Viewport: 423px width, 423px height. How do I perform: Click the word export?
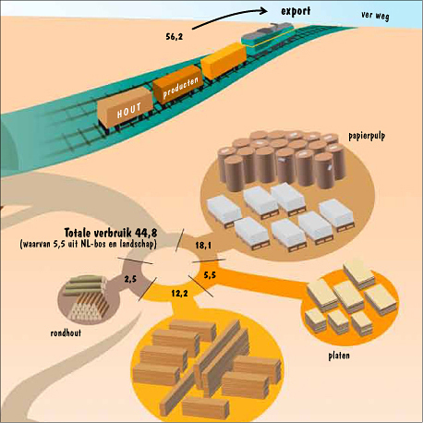pyautogui.click(x=296, y=11)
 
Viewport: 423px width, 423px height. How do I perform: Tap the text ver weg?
pyautogui.click(x=375, y=16)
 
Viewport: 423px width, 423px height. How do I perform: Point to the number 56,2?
pyautogui.click(x=175, y=37)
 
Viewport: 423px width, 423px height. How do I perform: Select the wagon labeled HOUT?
pyautogui.click(x=126, y=108)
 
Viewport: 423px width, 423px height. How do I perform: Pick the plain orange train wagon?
pyautogui.click(x=224, y=61)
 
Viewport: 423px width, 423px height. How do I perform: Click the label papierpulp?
pyautogui.click(x=367, y=136)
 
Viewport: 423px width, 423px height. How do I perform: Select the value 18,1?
pyautogui.click(x=203, y=246)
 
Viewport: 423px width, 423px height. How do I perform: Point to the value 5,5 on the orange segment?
pyautogui.click(x=210, y=275)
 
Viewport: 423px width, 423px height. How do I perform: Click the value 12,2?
pyautogui.click(x=179, y=294)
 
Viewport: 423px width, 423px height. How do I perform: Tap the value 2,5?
pyautogui.click(x=130, y=279)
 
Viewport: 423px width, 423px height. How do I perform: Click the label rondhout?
pyautogui.click(x=66, y=332)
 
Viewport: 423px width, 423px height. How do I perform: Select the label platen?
pyautogui.click(x=339, y=356)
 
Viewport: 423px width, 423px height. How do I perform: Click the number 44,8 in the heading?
pyautogui.click(x=146, y=233)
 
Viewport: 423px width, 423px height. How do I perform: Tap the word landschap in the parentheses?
pyautogui.click(x=138, y=244)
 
